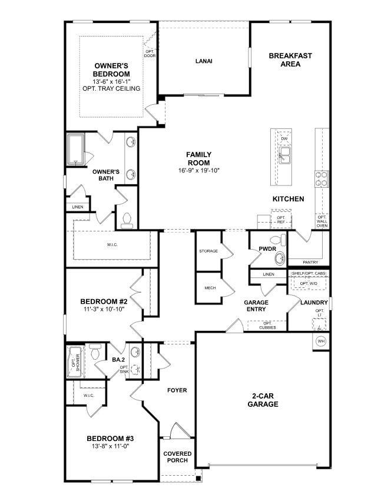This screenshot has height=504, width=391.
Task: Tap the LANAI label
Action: pyautogui.click(x=204, y=61)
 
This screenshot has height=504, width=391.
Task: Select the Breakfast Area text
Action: pyautogui.click(x=290, y=59)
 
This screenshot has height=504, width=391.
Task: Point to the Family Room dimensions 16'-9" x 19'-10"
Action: pyautogui.click(x=198, y=171)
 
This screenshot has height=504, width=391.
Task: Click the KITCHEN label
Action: pyautogui.click(x=288, y=199)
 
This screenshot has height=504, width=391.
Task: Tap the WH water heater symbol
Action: pyautogui.click(x=321, y=341)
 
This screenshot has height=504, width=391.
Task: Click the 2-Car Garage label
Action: pyautogui.click(x=263, y=400)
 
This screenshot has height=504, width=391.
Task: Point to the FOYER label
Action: pyautogui.click(x=177, y=390)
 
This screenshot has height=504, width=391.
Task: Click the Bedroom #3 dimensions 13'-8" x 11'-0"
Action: pyautogui.click(x=111, y=446)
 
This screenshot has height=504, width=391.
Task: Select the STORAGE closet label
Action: pyautogui.click(x=208, y=251)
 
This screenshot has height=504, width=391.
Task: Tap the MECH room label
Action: pyautogui.click(x=210, y=288)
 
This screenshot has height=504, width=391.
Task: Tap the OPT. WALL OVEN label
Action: pyautogui.click(x=322, y=221)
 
